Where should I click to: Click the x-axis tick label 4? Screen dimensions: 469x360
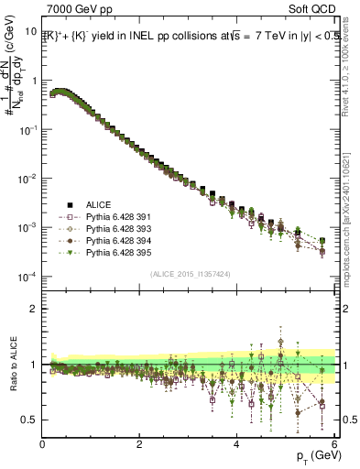pyautogui.click(x=236, y=444)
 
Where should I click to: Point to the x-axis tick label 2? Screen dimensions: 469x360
pyautogui.click(x=139, y=444)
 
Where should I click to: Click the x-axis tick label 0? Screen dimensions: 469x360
pyautogui.click(x=42, y=444)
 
